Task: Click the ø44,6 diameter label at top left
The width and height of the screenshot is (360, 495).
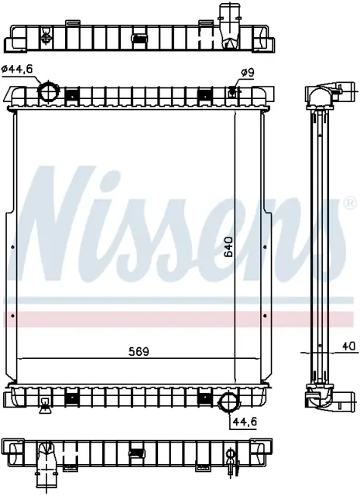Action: click(17, 69)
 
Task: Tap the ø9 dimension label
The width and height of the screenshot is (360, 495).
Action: click(248, 73)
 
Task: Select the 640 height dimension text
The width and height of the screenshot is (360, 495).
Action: click(228, 246)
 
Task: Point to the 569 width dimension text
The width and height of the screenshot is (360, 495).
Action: click(139, 351)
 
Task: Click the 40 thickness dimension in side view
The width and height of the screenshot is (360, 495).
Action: click(349, 346)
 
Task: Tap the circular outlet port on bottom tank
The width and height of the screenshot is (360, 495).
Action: click(228, 402)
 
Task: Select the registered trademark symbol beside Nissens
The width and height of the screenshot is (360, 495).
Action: click(349, 203)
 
